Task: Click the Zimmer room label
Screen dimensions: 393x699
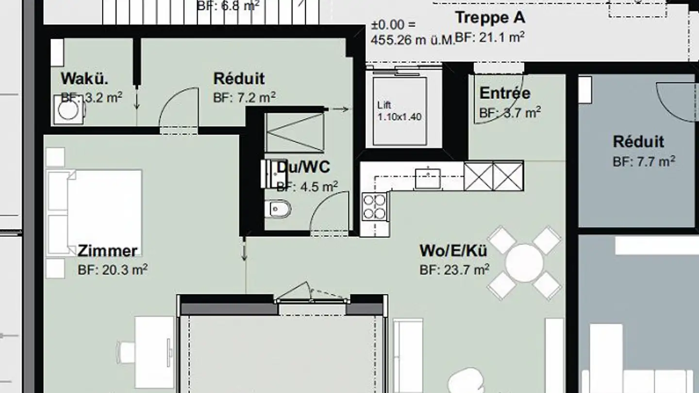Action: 107,251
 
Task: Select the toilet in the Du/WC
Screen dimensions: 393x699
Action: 279,209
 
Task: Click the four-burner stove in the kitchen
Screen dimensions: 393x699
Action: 374,207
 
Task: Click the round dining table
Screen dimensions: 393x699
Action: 524,262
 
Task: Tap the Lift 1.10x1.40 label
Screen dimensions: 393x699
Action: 399,111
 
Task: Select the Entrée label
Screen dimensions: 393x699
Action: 505,93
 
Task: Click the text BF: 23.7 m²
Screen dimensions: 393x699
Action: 454,270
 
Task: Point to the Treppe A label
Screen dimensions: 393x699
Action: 490,18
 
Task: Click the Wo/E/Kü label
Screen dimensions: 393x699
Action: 453,251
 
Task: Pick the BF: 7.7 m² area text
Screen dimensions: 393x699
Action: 644,162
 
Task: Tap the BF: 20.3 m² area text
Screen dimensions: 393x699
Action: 113,270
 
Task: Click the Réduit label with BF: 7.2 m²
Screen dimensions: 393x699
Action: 239,79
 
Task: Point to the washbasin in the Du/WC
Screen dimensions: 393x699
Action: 268,174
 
